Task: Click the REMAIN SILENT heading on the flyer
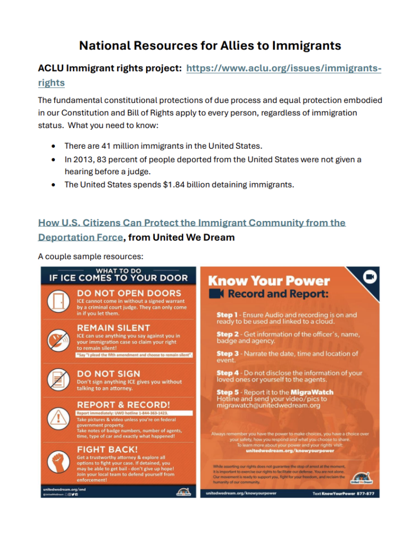point(113,328)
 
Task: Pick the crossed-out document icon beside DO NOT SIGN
point(57,379)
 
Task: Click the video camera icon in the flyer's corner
point(369,278)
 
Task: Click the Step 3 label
point(228,353)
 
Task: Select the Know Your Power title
point(269,281)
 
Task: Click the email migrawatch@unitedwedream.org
point(275,405)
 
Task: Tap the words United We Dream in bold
point(194,237)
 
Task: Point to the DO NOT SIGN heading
point(108,373)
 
